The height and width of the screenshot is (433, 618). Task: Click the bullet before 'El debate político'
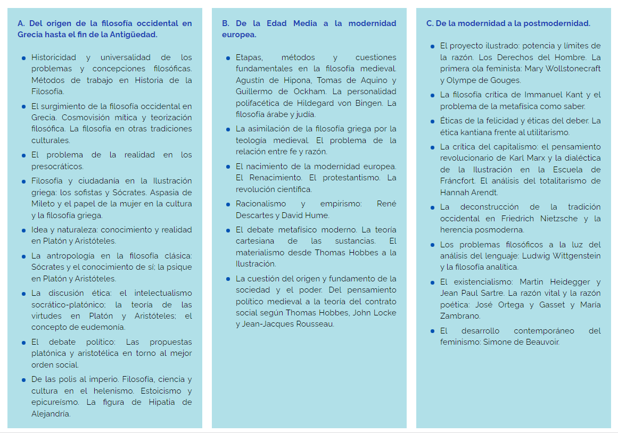coord(23,342)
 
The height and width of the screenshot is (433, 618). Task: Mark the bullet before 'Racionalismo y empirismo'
coord(228,204)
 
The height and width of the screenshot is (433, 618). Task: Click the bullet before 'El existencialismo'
coord(432,282)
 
